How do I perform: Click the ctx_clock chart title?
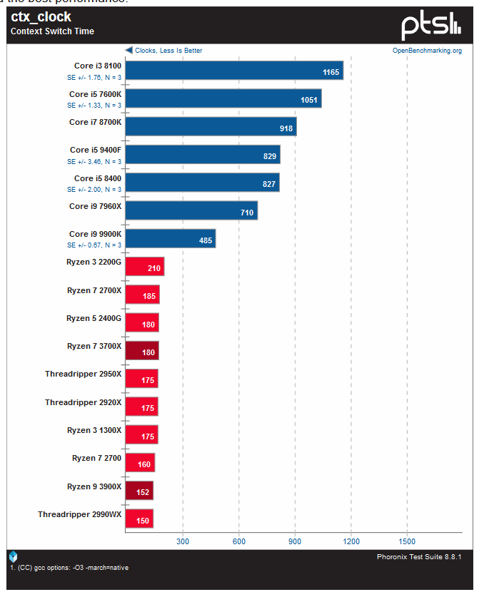[41, 17]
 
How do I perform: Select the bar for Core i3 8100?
[233, 71]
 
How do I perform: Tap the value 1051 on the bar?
[308, 100]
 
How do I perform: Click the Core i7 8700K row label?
[95, 122]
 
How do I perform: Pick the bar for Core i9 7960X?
[191, 210]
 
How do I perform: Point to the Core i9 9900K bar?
[170, 239]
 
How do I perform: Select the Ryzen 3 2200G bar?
[144, 267]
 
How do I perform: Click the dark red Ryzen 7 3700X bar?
[141, 350]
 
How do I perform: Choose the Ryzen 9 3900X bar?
[139, 491]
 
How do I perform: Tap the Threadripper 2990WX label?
[80, 514]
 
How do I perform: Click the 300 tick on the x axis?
[183, 541]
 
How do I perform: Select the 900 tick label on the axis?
[295, 541]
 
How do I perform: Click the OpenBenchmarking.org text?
[427, 51]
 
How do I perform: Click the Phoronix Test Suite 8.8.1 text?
[419, 556]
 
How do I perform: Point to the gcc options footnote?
[69, 568]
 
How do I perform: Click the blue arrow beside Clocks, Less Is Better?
[129, 51]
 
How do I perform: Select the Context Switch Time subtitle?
[52, 31]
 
